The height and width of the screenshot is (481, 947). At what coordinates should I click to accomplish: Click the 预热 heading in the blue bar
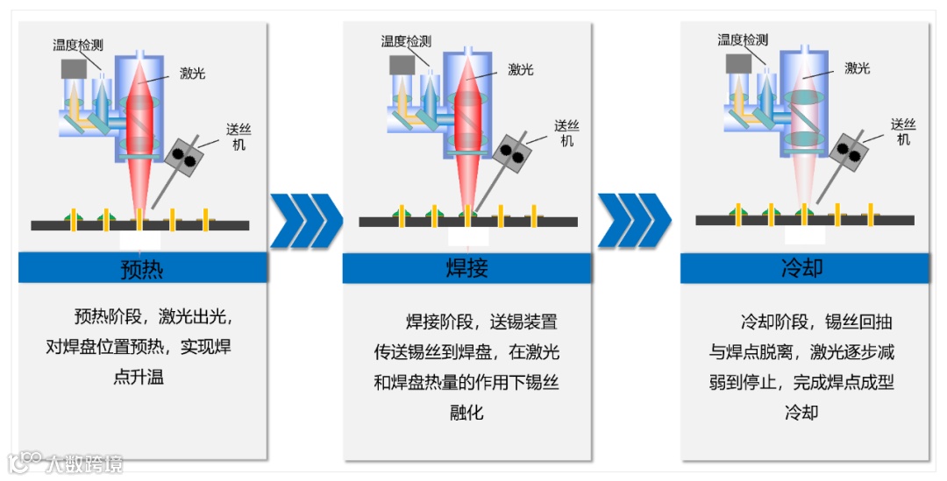pyautogui.click(x=142, y=268)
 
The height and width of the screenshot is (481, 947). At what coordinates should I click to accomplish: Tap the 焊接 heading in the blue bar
pyautogui.click(x=466, y=268)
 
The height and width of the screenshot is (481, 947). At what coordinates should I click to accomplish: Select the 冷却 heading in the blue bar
pyautogui.click(x=802, y=268)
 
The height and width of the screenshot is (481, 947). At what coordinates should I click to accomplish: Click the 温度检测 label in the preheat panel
pyautogui.click(x=78, y=45)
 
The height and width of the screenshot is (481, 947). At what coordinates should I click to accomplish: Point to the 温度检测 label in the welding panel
pyautogui.click(x=406, y=41)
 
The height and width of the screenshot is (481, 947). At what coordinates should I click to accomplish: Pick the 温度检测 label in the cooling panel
pyautogui.click(x=743, y=39)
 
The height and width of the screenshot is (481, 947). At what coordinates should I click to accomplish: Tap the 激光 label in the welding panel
pyautogui.click(x=521, y=69)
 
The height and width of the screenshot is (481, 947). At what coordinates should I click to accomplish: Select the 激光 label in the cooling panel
pyautogui.click(x=857, y=68)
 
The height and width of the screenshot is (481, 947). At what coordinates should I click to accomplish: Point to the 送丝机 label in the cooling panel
pyautogui.click(x=902, y=131)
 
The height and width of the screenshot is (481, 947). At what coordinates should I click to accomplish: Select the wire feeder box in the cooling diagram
pyautogui.click(x=849, y=150)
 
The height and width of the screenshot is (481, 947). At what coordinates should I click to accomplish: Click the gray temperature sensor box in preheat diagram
pyautogui.click(x=74, y=68)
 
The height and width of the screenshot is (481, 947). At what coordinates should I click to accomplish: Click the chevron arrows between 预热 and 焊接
pyautogui.click(x=306, y=220)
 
